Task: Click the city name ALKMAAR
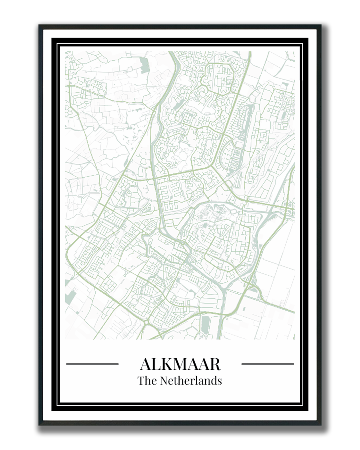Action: point(180,364)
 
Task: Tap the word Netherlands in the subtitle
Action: point(191,380)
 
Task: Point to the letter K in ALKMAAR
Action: point(165,364)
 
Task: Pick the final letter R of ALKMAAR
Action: point(215,364)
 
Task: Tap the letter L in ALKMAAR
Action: point(155,364)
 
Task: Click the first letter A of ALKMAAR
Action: point(145,364)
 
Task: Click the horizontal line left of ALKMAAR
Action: point(92,364)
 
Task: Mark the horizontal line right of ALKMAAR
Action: point(267,364)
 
